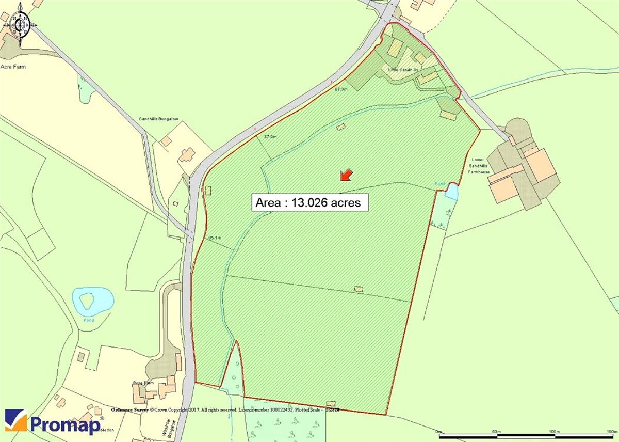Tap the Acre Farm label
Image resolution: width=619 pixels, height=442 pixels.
13,67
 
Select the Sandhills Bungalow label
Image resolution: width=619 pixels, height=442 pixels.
158,119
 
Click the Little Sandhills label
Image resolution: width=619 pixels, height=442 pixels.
402,69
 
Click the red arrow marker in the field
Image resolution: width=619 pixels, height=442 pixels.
346,175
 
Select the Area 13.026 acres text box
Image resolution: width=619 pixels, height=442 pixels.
310,202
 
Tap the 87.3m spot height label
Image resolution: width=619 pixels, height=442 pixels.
341,89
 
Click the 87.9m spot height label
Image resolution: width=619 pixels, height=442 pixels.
270,137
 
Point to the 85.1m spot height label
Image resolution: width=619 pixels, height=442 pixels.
215,238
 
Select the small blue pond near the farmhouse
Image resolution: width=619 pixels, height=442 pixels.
451,191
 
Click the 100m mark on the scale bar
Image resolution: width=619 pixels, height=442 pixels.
555,431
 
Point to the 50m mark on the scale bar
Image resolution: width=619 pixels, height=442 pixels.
496,431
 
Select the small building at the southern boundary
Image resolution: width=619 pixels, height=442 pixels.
331,403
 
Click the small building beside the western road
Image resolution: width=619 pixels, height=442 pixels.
208,190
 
